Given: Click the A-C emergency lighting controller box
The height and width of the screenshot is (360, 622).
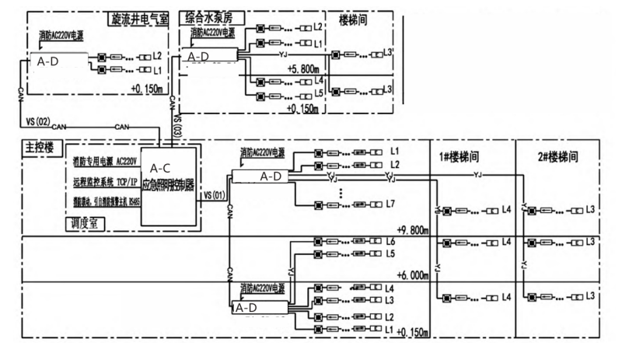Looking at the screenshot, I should [x=170, y=184].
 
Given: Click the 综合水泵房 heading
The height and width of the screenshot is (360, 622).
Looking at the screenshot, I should [x=210, y=16].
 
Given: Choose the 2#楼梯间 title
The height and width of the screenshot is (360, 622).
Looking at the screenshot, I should [x=557, y=156].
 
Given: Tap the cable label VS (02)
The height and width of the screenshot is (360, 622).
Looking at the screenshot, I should [x=38, y=122].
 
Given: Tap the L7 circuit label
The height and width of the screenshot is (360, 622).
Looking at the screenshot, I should [x=392, y=204].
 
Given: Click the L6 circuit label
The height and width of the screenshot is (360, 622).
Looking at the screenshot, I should [x=392, y=242].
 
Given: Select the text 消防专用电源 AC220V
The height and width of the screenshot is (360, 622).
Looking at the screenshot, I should [x=104, y=163].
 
